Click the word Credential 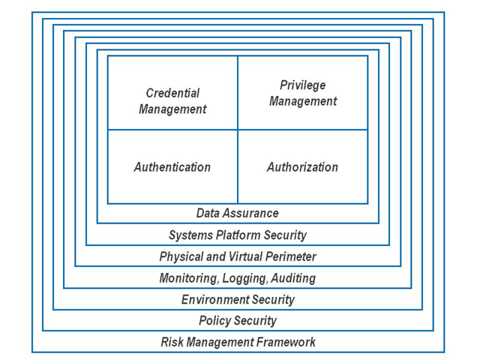172,93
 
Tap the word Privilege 303,85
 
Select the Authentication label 172,167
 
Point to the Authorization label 303,167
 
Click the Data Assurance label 238,213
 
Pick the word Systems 190,235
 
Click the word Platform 238,235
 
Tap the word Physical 181,256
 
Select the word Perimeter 291,256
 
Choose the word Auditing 293,278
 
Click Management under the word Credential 172,109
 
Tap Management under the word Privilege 303,101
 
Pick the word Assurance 250,213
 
